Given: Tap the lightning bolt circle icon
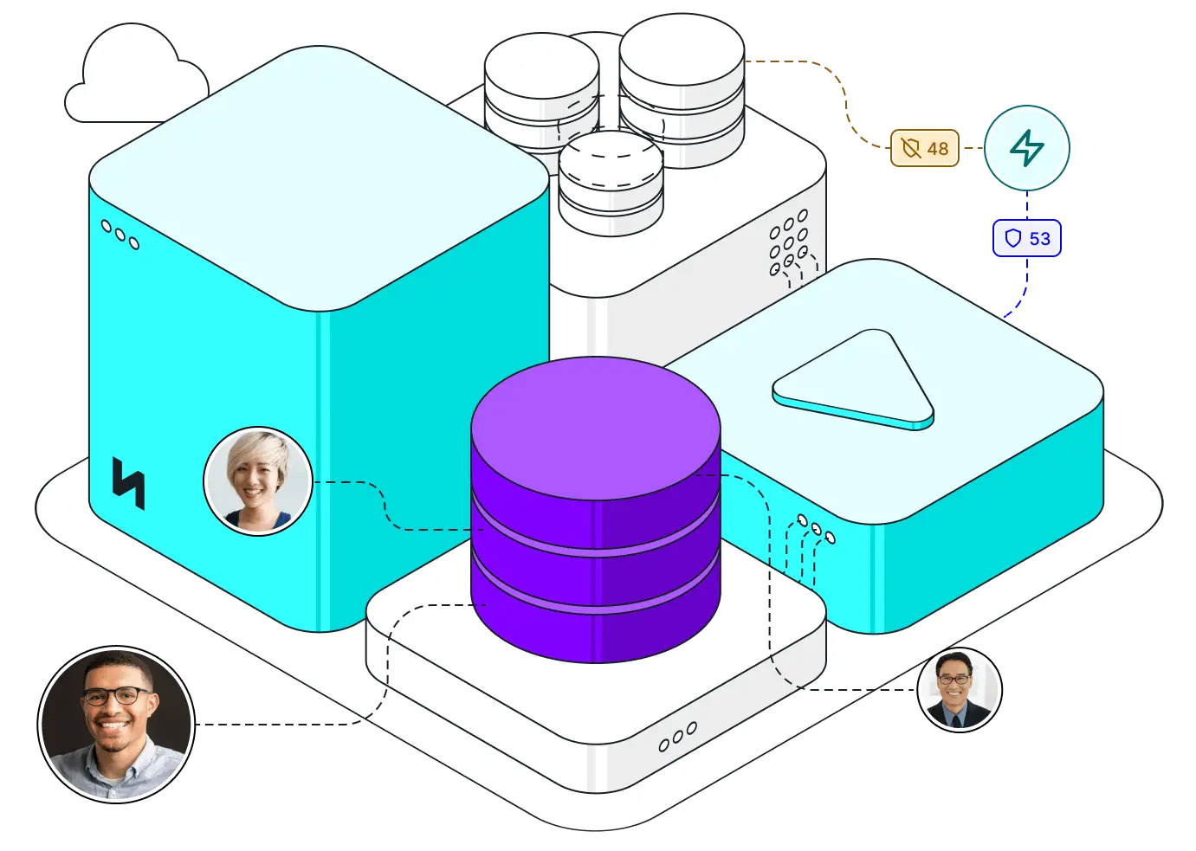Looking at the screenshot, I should coord(1027,148).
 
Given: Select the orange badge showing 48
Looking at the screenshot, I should coord(925,149).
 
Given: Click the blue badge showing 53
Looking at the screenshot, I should coord(1026,238).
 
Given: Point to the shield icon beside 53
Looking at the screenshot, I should coord(1012,238).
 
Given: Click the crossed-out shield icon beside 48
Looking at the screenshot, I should coord(911,149).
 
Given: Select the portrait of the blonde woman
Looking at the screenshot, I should coord(258,480).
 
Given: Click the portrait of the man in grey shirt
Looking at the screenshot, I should coord(116,724).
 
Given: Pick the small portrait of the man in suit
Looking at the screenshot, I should coord(959,690).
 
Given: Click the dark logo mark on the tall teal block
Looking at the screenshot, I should coord(128,483).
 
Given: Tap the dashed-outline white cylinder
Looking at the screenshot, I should coord(611,182).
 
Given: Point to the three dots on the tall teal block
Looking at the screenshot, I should coord(120,235).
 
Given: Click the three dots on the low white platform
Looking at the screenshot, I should coord(677,737).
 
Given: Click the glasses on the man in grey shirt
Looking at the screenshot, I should coord(116,695).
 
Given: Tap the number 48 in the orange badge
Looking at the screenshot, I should coord(938,149).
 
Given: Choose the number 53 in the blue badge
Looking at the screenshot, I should coord(1039,238).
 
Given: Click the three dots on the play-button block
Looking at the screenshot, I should coord(816,528).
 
